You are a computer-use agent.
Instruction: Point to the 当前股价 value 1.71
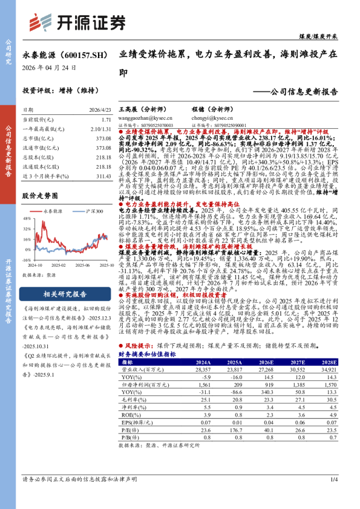106,120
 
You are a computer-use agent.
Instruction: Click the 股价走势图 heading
40,196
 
